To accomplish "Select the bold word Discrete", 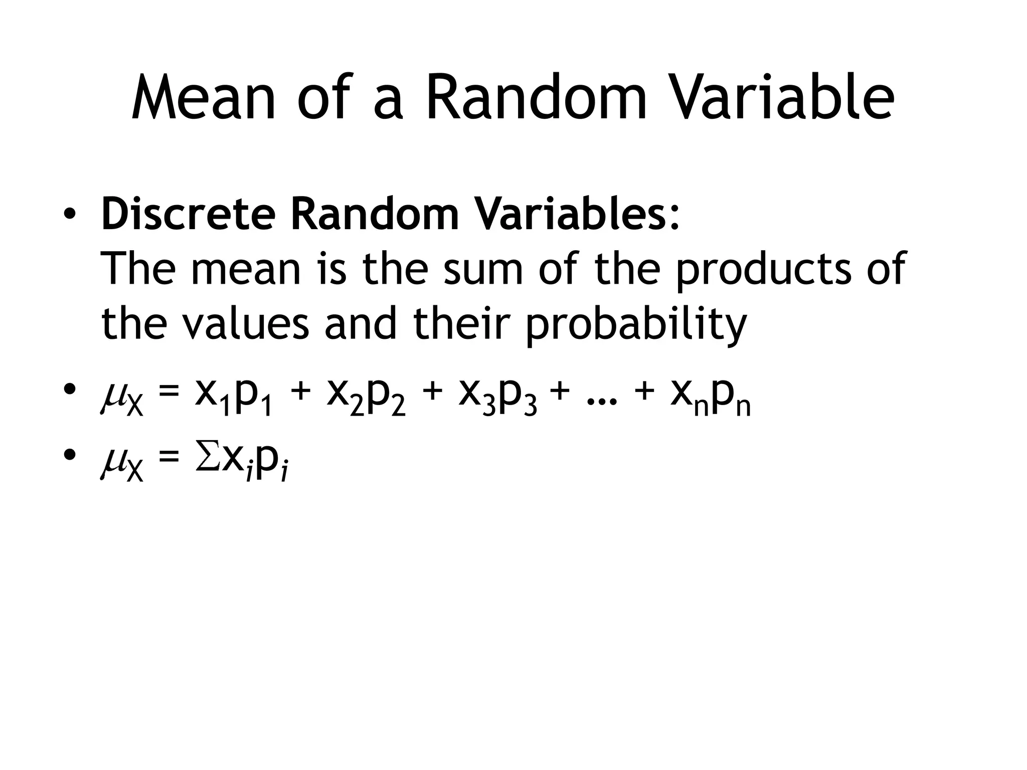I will tap(188, 215).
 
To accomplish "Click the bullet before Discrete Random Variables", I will tap(70, 215).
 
